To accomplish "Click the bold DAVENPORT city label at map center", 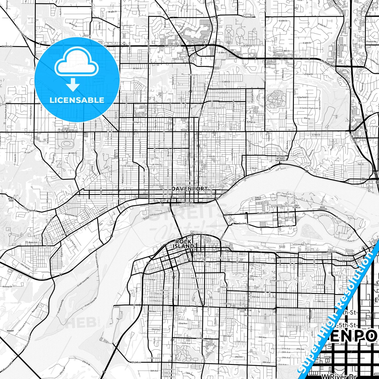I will (190, 189).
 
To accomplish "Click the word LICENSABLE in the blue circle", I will (77, 100).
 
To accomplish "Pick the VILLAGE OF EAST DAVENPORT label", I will (280, 158).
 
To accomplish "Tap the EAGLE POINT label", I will (258, 198).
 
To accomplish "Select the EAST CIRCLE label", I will (297, 207).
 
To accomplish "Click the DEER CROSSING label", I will (322, 208).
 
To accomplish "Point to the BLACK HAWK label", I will (11, 200).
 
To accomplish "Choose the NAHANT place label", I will (10, 331).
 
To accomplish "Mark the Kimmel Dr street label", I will (7, 287).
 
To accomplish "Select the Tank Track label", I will (323, 216).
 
